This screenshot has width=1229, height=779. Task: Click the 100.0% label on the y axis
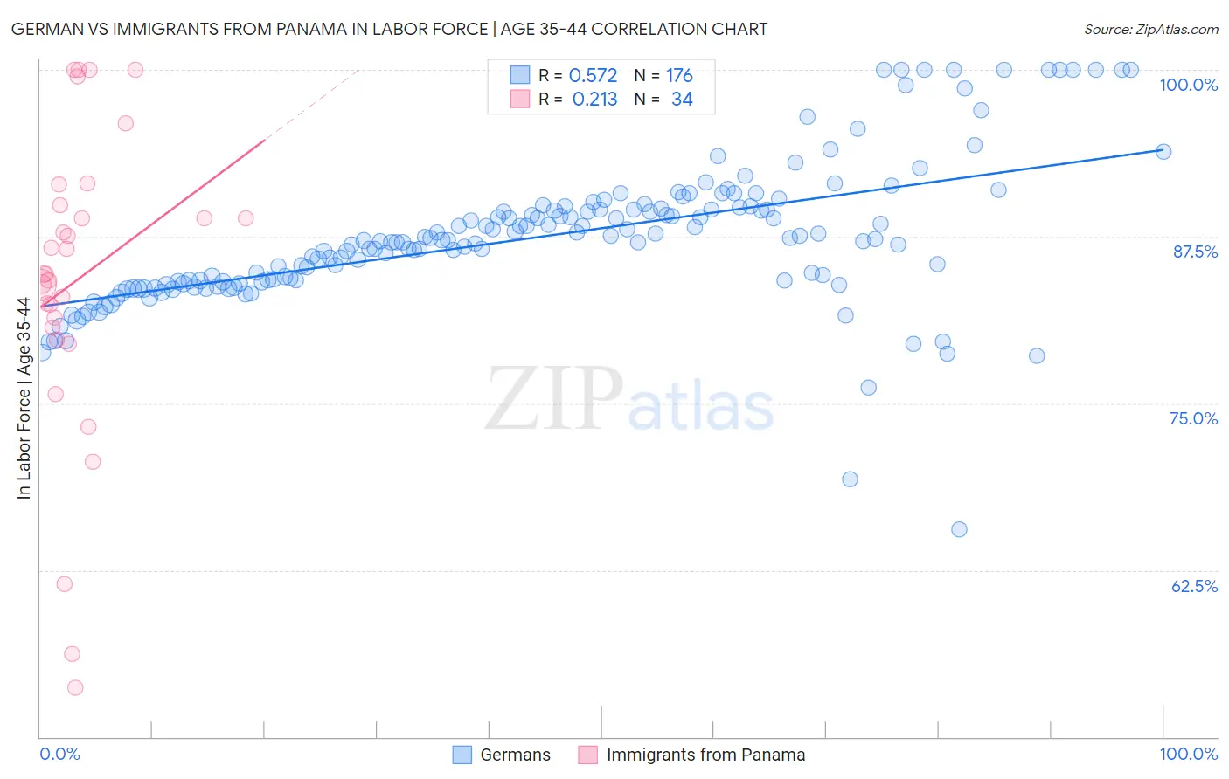(1188, 85)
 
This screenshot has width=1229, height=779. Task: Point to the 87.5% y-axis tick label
(1195, 252)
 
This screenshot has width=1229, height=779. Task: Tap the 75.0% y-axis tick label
(1193, 418)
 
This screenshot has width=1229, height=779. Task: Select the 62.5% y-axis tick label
(1194, 586)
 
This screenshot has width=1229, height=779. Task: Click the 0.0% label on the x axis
(59, 754)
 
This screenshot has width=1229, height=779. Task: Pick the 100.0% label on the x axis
(1188, 754)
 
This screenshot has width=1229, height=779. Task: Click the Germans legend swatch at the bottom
(462, 755)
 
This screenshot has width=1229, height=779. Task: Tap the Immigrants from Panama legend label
(705, 755)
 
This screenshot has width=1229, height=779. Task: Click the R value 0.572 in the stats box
(593, 76)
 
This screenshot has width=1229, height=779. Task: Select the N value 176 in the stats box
(679, 76)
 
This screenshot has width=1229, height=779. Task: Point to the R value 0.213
(594, 100)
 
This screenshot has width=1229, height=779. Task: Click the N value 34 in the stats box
(682, 100)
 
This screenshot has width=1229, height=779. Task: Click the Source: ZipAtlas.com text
(1150, 30)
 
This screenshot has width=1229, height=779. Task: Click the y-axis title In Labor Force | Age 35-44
(24, 398)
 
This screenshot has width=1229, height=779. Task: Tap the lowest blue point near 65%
(959, 529)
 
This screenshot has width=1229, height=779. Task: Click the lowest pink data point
(75, 688)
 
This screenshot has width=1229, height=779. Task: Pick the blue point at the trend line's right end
(1163, 151)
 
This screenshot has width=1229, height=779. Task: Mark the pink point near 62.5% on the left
(64, 584)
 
